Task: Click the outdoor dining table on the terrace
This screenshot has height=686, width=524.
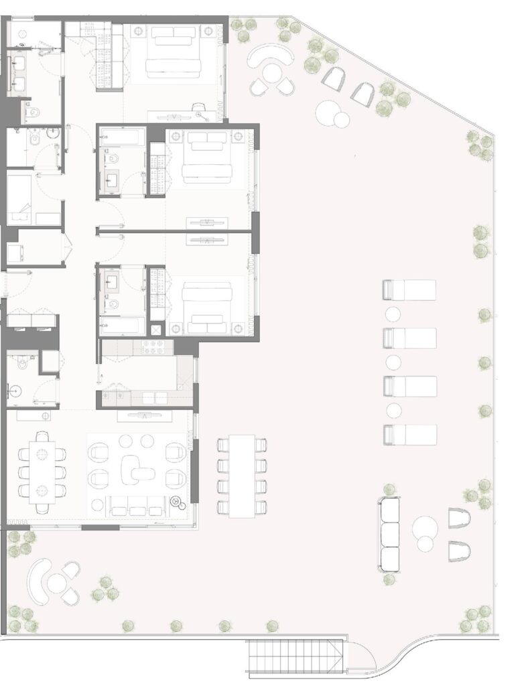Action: (x=242, y=476)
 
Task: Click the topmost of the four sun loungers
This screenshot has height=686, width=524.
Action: (x=409, y=290)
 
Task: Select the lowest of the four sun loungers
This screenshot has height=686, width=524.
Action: (x=409, y=435)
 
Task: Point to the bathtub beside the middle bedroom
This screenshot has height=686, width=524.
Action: (x=122, y=139)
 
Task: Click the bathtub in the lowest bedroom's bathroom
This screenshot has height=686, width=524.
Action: (x=122, y=326)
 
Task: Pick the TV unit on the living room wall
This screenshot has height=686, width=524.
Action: (x=145, y=416)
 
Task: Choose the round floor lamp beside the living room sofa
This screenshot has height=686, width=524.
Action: (x=177, y=500)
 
